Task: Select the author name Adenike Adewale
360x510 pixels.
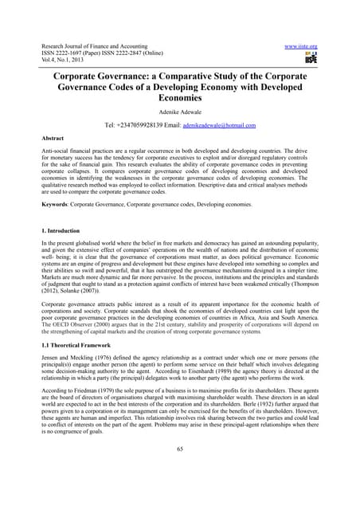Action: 180,112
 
